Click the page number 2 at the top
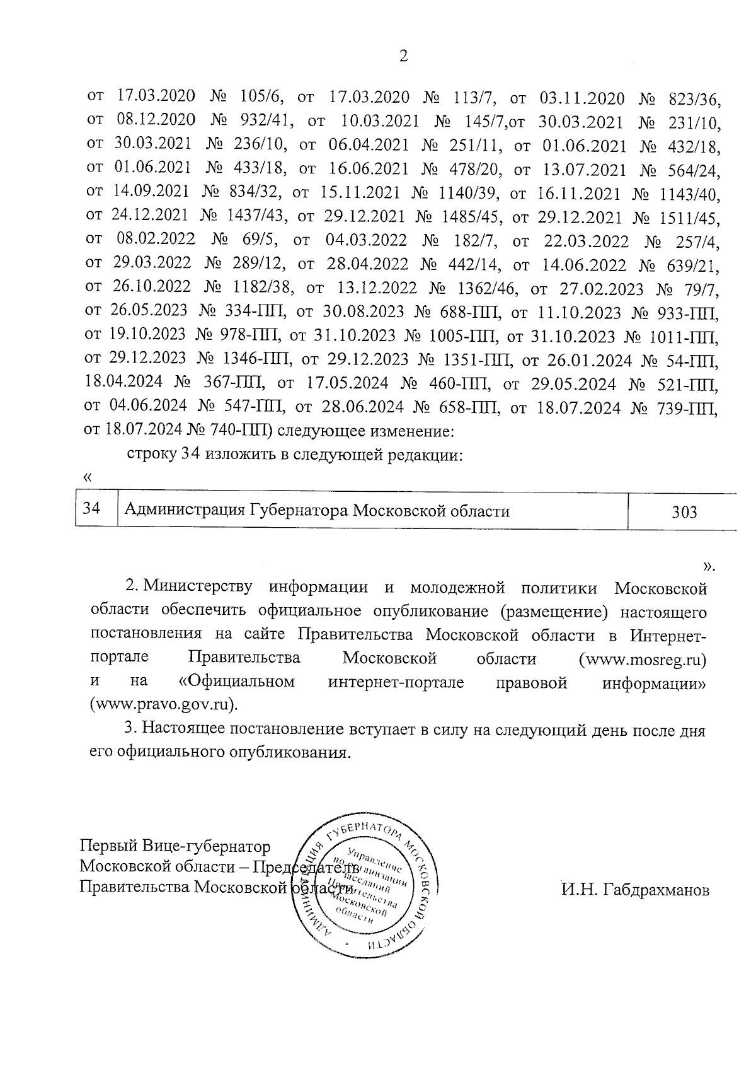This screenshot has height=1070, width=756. (404, 57)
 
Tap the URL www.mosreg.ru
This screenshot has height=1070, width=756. (642, 660)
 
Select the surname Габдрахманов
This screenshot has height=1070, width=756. (636, 890)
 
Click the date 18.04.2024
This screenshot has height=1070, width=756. (123, 383)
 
